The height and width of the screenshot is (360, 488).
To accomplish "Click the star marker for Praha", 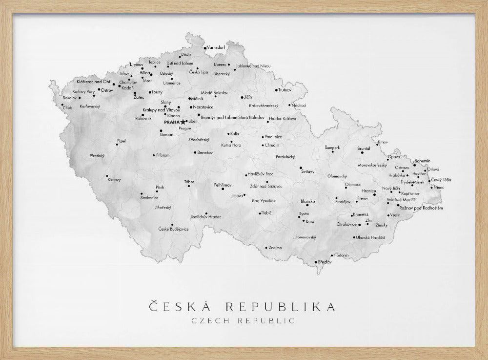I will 183,122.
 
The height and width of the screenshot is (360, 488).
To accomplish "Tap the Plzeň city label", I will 122,141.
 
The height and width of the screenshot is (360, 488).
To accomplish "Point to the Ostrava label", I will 402,167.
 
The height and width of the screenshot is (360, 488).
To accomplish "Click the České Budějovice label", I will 173,229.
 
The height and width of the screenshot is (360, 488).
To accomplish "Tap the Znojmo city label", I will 275,248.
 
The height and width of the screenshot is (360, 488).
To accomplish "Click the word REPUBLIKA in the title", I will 280,307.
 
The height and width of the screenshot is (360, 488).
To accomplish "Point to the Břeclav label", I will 325,262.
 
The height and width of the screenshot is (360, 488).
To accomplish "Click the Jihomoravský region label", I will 304,237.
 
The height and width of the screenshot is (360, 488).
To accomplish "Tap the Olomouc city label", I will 353,184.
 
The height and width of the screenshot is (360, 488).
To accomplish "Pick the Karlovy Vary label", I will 83,91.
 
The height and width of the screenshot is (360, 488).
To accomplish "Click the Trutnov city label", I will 285,90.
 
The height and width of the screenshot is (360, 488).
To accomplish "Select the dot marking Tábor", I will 189,186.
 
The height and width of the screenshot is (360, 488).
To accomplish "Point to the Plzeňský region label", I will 97,156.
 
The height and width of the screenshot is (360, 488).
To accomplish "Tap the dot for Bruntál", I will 362,152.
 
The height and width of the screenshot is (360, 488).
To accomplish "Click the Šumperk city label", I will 332,148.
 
